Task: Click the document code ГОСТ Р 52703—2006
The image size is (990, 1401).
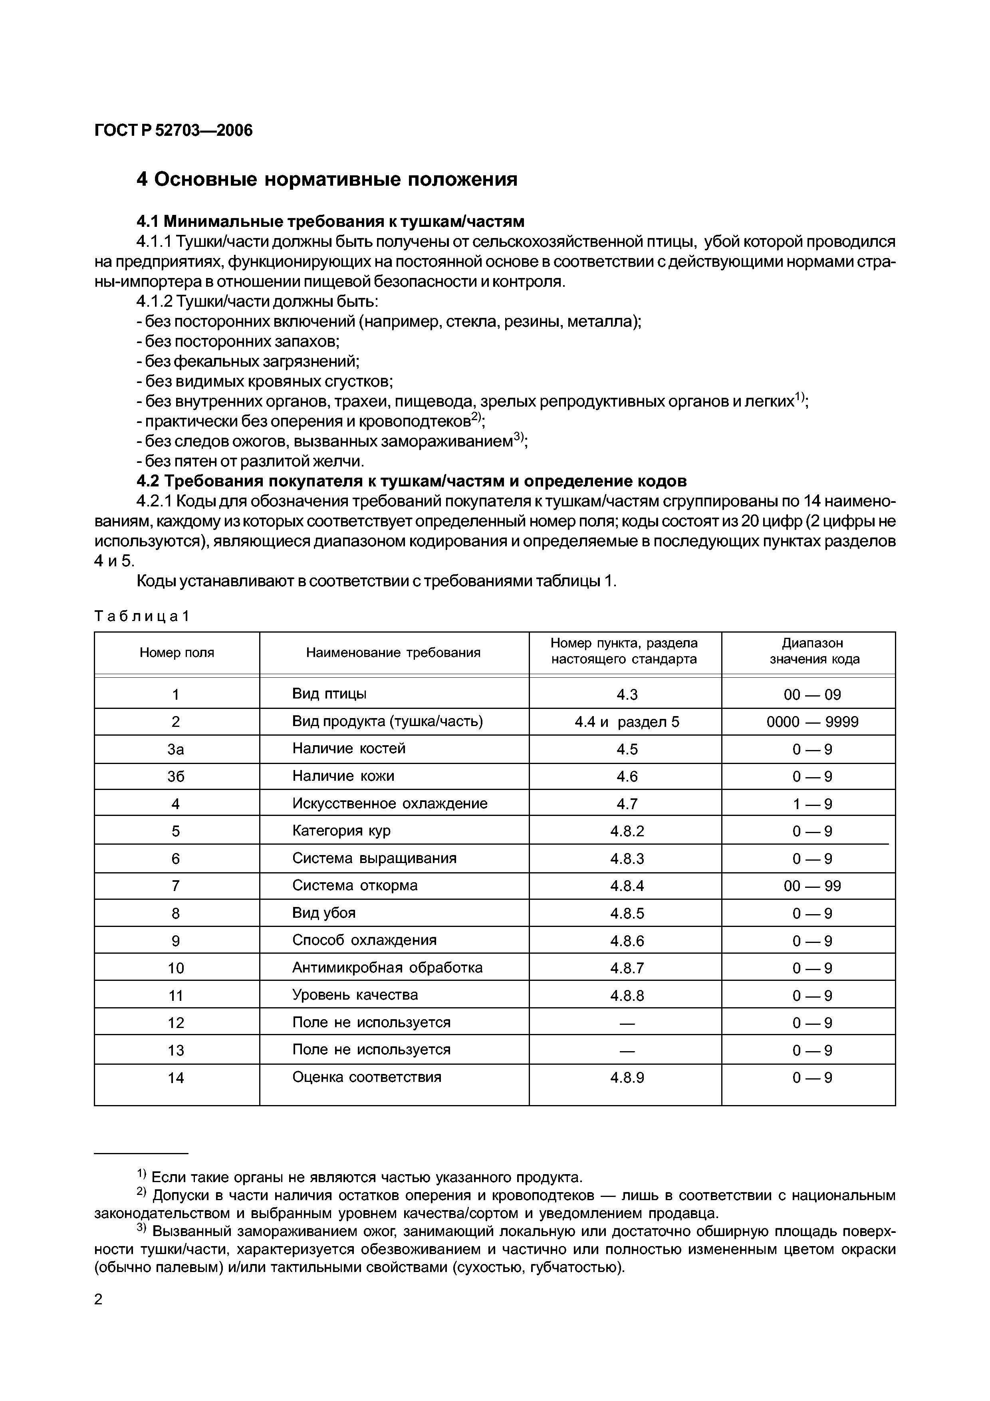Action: (173, 131)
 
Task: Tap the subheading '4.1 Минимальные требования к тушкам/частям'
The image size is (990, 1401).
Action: (330, 221)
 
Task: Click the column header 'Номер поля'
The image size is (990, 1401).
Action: (177, 653)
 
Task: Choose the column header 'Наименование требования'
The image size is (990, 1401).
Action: (393, 653)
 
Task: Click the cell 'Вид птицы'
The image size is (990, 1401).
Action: (329, 694)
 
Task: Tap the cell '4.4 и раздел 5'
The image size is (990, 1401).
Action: (627, 722)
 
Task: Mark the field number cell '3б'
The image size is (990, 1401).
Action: (176, 776)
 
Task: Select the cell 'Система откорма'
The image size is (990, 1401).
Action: (355, 885)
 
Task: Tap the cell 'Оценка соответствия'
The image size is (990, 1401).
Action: (367, 1077)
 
